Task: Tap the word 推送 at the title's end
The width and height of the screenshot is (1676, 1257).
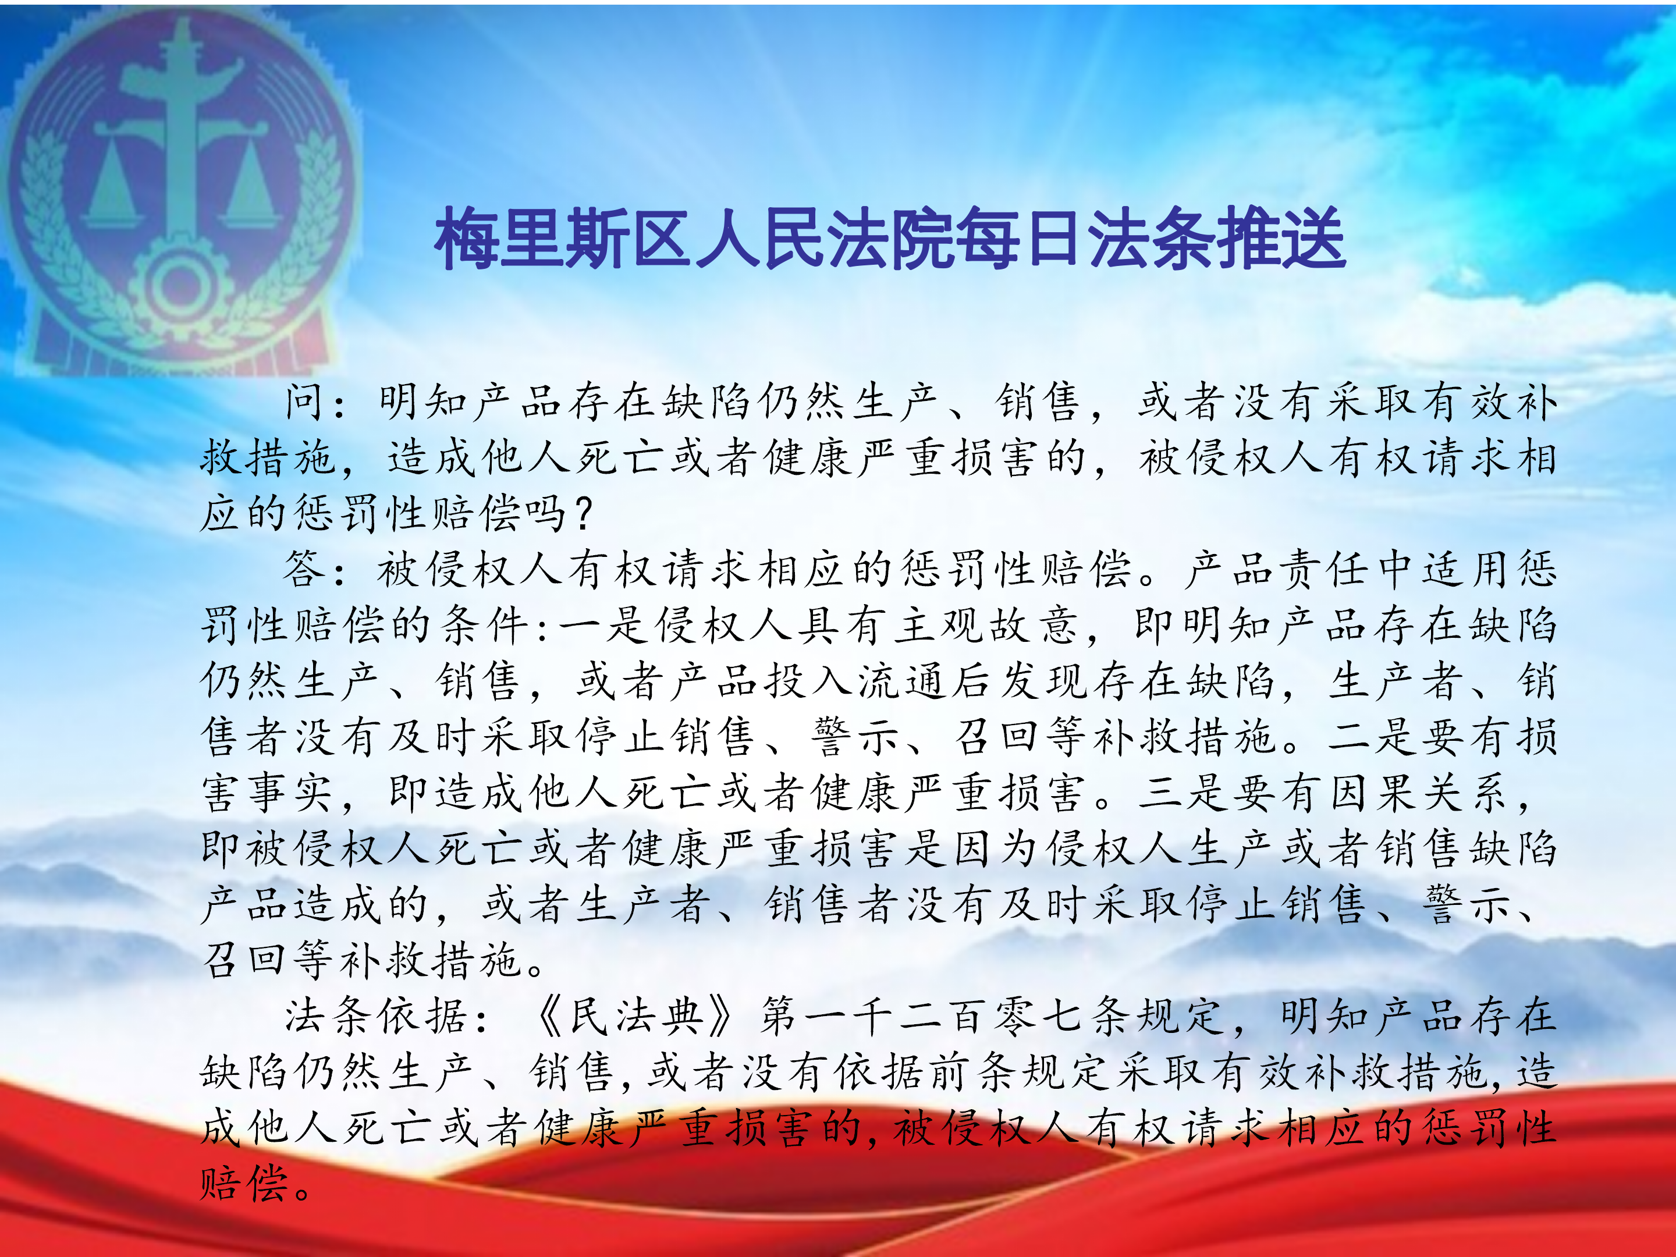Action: coord(1280,239)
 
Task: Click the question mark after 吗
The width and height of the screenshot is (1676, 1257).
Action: coord(584,514)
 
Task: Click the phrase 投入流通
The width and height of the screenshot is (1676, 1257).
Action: coord(855,680)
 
